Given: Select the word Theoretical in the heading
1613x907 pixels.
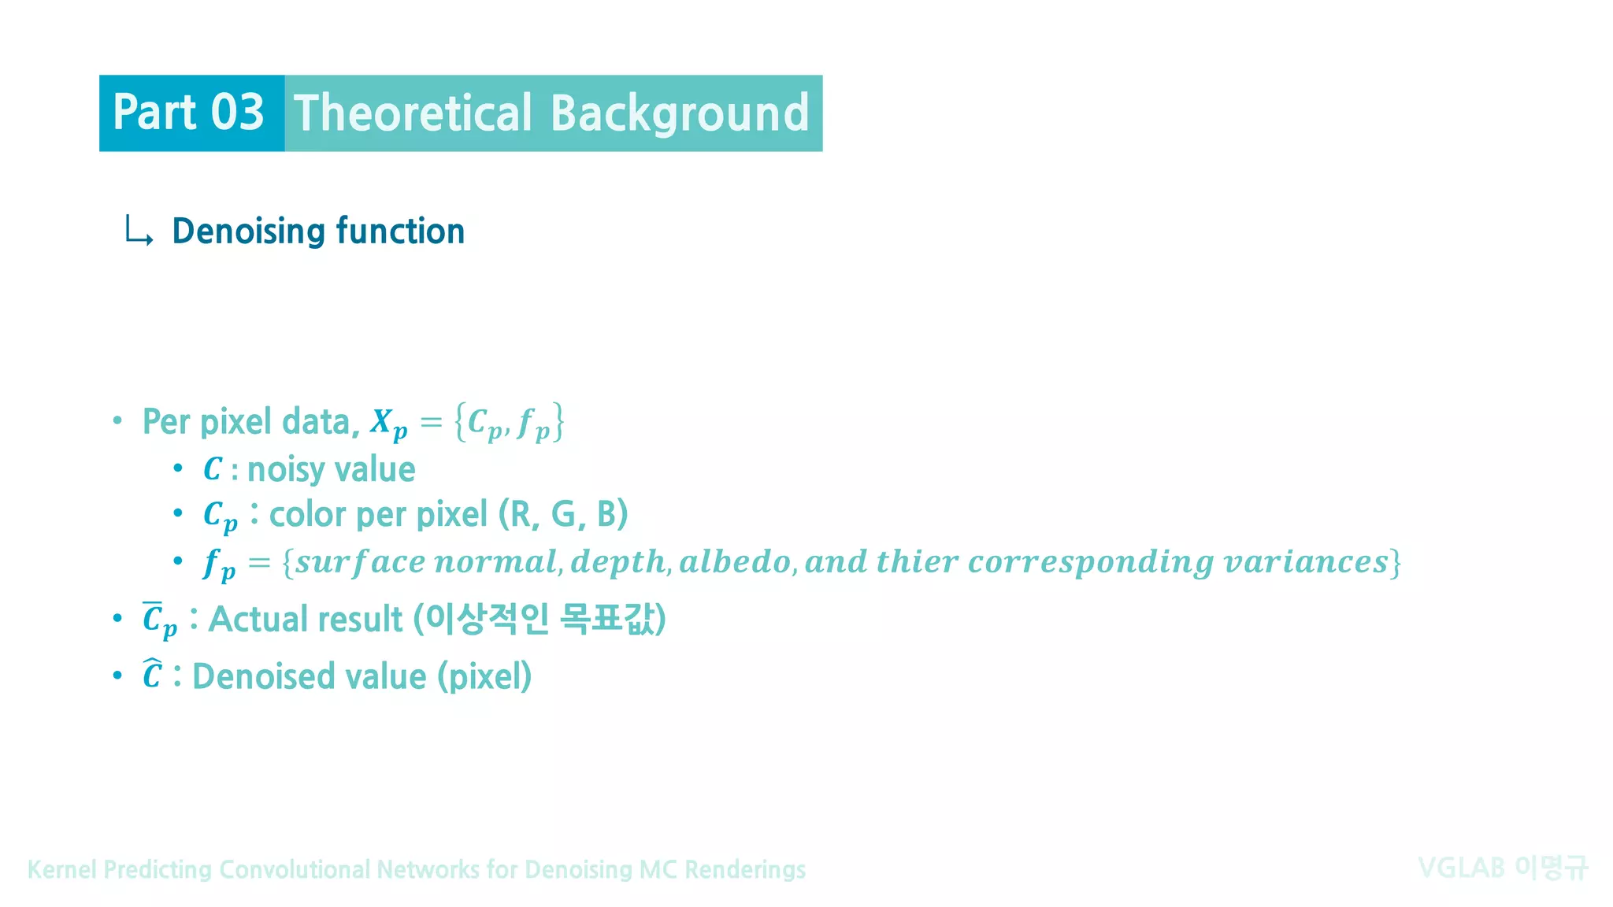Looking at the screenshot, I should [x=413, y=113].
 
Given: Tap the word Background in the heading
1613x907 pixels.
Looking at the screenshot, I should [x=680, y=113].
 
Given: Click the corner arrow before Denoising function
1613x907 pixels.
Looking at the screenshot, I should [x=139, y=231].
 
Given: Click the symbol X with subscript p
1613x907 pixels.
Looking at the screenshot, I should [x=388, y=424].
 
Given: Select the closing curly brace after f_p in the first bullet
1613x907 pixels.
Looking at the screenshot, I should [x=558, y=422].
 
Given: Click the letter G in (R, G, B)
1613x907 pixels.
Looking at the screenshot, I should [x=565, y=515].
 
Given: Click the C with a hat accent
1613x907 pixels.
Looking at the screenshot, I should [x=152, y=676].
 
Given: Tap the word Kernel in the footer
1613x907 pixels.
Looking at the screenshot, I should [x=62, y=869].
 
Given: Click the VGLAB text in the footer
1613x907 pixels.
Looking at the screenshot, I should [x=1461, y=868].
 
